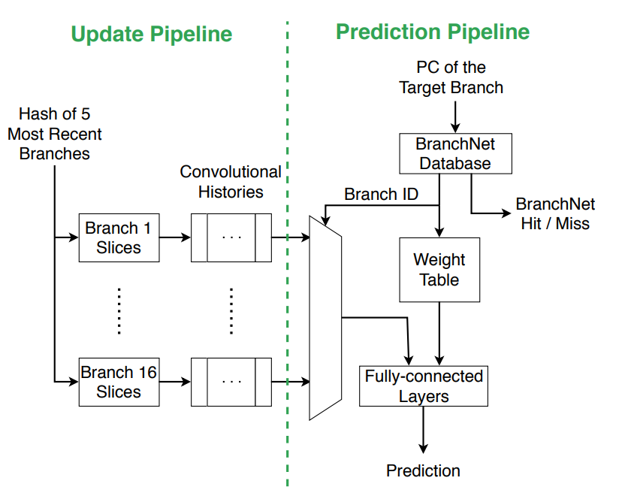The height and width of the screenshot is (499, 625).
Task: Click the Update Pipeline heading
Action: (151, 34)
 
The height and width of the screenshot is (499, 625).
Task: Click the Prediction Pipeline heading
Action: (433, 32)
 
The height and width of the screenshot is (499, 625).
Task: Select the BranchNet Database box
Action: (455, 153)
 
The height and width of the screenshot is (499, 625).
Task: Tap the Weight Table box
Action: (439, 270)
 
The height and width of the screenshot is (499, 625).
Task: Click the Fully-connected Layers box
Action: (424, 386)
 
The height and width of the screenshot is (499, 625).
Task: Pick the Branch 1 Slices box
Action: (119, 237)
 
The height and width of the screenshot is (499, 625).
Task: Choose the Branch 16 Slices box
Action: (119, 382)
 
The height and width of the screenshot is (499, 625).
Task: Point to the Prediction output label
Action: (423, 471)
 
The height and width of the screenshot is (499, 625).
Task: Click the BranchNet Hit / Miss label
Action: (555, 213)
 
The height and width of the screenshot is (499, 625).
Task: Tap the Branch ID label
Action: (381, 195)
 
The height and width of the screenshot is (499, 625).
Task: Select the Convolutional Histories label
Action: (231, 182)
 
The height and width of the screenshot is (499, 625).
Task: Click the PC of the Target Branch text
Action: (451, 77)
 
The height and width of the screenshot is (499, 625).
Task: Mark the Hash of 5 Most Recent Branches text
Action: (55, 134)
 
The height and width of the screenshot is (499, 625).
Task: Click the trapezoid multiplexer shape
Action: (325, 316)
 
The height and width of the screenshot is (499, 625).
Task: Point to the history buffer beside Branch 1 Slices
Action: (231, 237)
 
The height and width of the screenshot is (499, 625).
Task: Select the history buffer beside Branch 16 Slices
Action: (231, 382)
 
